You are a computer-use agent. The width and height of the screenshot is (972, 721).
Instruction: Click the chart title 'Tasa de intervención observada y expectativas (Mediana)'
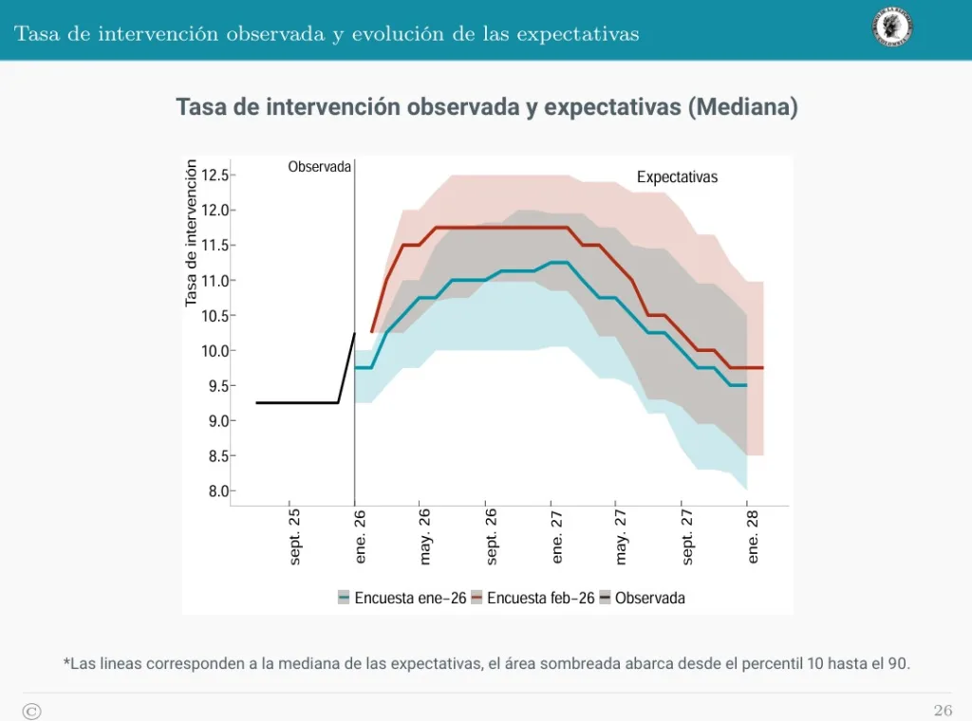pos(486,107)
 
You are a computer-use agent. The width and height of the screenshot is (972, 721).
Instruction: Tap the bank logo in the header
pos(892,28)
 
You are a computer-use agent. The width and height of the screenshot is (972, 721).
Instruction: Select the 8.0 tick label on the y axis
pos(216,491)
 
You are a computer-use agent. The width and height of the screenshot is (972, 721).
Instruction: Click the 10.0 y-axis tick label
pos(215,351)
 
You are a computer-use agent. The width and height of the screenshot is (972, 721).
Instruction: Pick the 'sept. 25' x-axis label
pos(295,537)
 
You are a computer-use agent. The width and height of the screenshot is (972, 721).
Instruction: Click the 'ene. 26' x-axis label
pos(361,536)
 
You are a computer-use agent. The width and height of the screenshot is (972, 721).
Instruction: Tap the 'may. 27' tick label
pos(622,537)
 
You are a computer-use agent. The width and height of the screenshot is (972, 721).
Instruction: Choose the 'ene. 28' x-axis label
pos(754,536)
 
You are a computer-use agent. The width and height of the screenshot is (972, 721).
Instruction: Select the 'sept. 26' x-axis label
pos(492,537)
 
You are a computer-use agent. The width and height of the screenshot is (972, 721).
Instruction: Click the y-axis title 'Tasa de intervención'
pos(192,233)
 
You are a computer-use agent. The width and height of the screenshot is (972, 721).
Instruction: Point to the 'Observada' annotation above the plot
pos(320,166)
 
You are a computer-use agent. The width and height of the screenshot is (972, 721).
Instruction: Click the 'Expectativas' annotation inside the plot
pos(677,176)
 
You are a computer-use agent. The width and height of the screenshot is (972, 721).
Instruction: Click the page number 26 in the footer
pos(943,711)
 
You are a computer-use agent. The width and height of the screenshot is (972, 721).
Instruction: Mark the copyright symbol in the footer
pos(31,711)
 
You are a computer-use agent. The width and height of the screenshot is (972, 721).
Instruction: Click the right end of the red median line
pos(762,367)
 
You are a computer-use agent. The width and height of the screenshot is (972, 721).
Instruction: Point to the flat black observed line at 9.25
pos(296,403)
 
